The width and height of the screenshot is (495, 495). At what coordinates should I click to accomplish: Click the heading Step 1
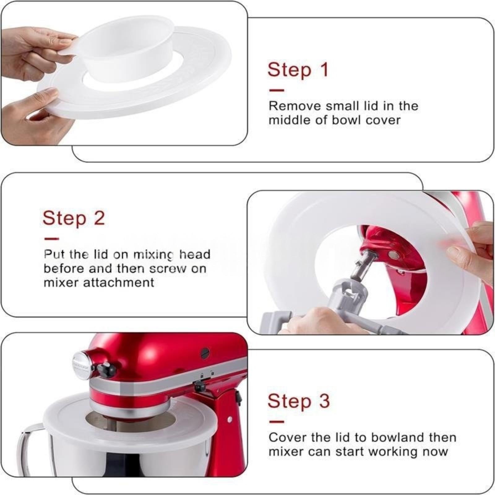click(x=298, y=70)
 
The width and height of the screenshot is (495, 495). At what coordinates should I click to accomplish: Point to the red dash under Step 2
click(x=51, y=239)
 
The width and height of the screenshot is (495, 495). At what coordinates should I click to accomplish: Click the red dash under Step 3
click(x=277, y=421)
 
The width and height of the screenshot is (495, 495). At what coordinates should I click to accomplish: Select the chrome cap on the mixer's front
click(x=83, y=365)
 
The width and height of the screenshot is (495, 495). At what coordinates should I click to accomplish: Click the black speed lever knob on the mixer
click(x=107, y=368)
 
